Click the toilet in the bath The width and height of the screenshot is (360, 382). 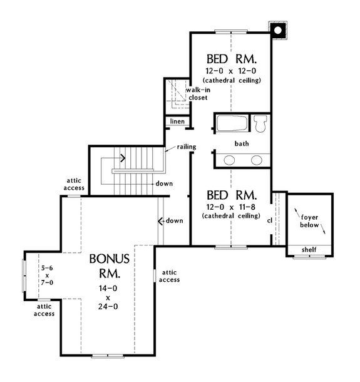(262, 123)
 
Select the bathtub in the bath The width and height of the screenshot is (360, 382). (232, 123)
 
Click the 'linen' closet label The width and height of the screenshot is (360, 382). (176, 120)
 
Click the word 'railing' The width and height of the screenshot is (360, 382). (187, 147)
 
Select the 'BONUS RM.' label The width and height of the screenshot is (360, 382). (110, 266)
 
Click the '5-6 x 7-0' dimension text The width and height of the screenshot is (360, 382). (48, 276)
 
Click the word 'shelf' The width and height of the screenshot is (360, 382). (308, 250)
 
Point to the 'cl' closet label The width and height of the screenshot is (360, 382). (269, 220)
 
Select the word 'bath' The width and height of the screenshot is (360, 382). (242, 143)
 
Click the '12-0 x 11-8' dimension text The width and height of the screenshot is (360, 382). (232, 206)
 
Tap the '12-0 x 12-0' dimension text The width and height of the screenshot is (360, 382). (232, 71)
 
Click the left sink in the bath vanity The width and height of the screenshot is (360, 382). (229, 160)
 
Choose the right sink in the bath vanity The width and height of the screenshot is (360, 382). (257, 160)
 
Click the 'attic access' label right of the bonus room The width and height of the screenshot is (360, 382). (171, 276)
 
